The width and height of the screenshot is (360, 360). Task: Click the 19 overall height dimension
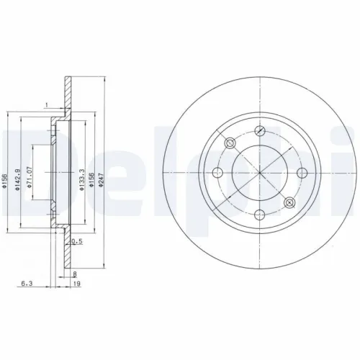[x=76, y=285]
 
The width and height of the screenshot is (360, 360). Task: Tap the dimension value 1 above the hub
[x=45, y=106]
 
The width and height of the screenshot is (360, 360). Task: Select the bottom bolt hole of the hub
[x=259, y=212]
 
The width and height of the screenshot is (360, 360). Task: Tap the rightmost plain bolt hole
[x=301, y=171]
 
